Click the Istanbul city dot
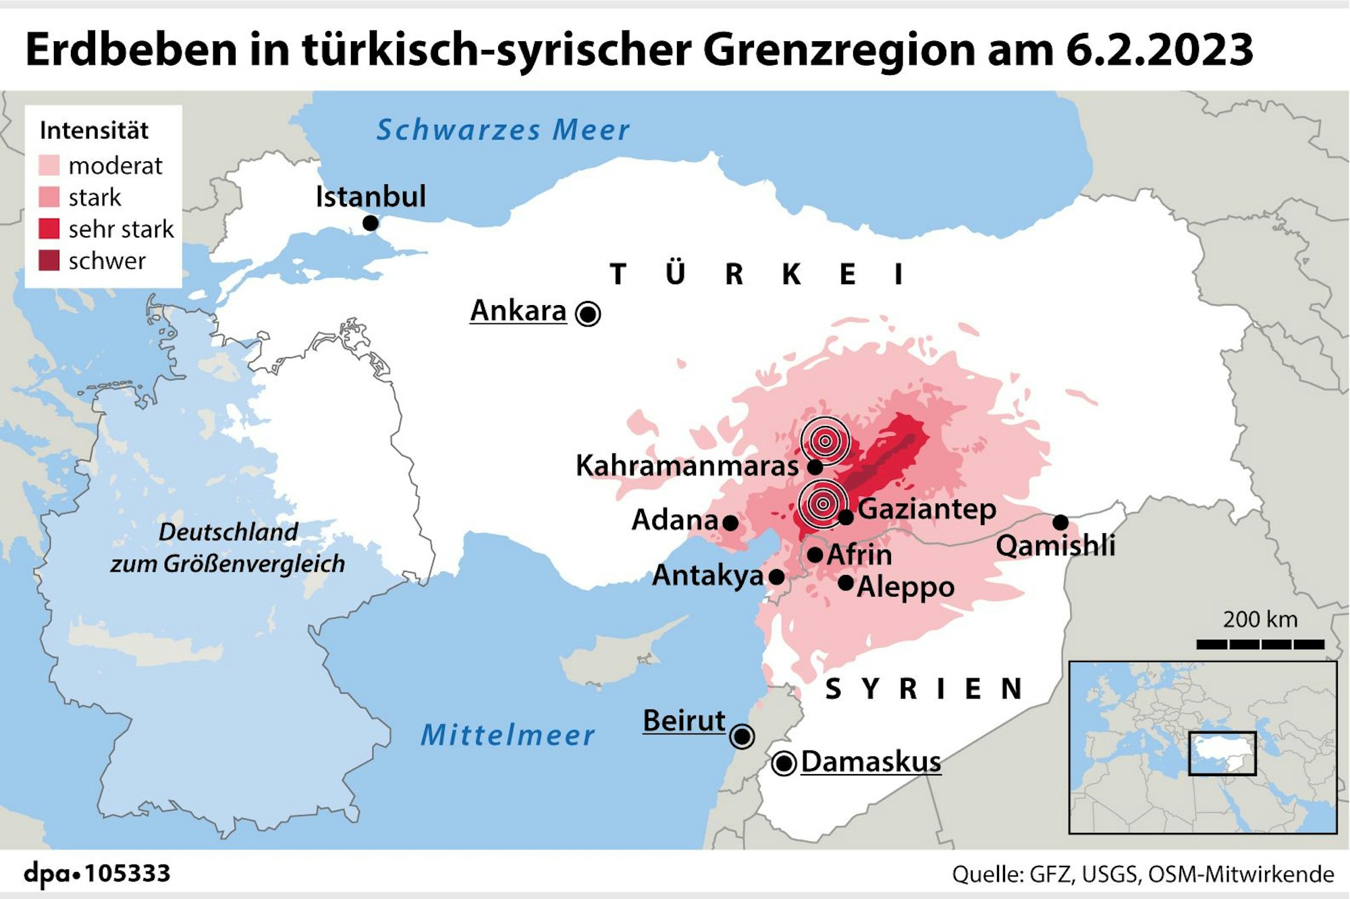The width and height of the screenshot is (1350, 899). coord(370,223)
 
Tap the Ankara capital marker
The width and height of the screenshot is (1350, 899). coord(588,314)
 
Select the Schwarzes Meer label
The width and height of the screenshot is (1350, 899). coord(503,130)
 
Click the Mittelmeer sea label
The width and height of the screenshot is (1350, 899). coord(508,735)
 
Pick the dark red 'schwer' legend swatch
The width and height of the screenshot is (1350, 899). coord(49,261)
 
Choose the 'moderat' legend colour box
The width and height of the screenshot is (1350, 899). coord(49,165)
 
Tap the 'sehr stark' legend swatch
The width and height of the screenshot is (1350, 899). coord(49,229)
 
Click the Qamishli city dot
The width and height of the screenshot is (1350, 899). coord(1060,522)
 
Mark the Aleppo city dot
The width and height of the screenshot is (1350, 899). coord(846,582)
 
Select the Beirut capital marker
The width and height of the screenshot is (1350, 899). coord(742,736)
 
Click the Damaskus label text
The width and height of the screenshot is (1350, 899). coord(871,762)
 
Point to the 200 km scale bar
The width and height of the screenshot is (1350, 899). coord(1260,645)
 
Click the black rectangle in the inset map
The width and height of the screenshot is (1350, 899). coord(1222,753)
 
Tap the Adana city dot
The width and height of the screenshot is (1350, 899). coord(730,522)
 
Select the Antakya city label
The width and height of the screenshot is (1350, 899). coord(707,576)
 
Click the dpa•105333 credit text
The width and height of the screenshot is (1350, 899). coord(97,873)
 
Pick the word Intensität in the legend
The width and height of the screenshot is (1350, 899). coord(94,130)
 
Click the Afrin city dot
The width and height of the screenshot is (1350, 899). coord(815,555)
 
